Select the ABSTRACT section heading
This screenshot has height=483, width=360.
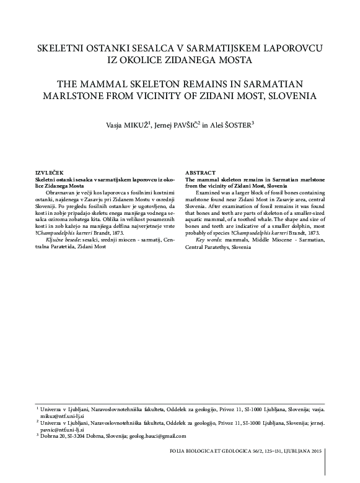point(201,172)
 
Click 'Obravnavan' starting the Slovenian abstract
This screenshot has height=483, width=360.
point(59,193)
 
